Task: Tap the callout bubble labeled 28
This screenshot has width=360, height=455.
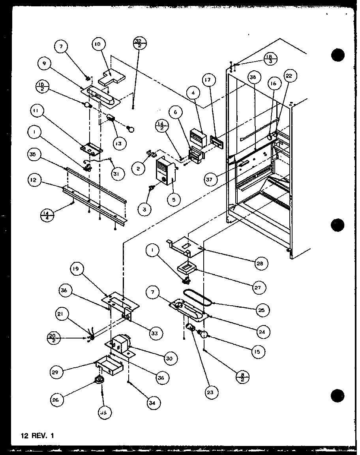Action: pos(261,263)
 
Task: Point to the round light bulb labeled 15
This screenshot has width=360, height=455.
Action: pos(204,335)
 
